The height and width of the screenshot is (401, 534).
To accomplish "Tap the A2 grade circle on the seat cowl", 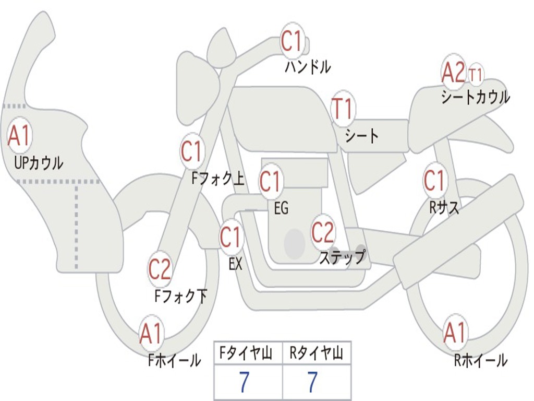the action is pyautogui.click(x=453, y=73).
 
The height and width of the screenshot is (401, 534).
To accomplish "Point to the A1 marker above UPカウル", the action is pyautogui.click(x=20, y=136).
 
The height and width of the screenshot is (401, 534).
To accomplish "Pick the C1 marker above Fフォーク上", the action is pyautogui.click(x=191, y=151).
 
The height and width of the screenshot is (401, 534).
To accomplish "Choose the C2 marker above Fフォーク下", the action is pyautogui.click(x=160, y=269).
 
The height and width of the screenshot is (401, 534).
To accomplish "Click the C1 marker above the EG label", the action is pyautogui.click(x=270, y=182).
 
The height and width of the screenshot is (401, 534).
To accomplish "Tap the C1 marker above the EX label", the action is pyautogui.click(x=230, y=238).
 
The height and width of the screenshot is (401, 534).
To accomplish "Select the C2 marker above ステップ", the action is pyautogui.click(x=323, y=232).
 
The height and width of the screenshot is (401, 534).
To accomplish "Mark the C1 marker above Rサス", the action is pyautogui.click(x=434, y=181).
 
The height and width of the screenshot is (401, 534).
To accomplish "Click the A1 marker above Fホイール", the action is pyautogui.click(x=151, y=334).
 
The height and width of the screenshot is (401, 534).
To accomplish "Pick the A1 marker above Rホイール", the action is pyautogui.click(x=455, y=333).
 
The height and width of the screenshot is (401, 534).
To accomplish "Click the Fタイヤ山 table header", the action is pyautogui.click(x=248, y=355).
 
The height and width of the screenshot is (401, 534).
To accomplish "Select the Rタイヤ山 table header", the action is pyautogui.click(x=317, y=355).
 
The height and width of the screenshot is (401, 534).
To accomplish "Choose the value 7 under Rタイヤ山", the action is pyautogui.click(x=312, y=383).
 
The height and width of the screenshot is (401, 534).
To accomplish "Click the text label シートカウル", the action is pyautogui.click(x=475, y=97).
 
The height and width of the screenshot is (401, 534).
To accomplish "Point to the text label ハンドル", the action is pyautogui.click(x=308, y=66).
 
